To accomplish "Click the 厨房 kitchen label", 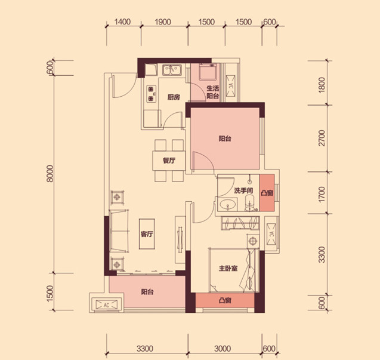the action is tap(174, 97).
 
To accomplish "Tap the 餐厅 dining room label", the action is tap(169, 161).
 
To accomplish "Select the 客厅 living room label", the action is tap(147, 234).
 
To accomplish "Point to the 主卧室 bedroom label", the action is tap(228, 268).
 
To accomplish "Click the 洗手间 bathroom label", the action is tap(243, 190).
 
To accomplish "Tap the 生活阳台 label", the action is tap(213, 92).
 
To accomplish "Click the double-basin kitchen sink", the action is tap(172, 70).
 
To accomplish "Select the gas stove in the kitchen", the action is tap(152, 94).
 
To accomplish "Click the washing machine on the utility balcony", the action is tap(208, 72).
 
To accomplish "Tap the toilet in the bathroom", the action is tap(249, 204).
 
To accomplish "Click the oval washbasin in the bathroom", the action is tap(227, 205).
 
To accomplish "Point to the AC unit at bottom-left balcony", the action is tap(106, 304).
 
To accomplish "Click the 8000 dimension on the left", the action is tap(50, 174).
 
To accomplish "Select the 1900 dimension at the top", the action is tap(163, 22).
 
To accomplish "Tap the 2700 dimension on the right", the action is tap(322, 138).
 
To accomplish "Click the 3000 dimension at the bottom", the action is tap(223, 349).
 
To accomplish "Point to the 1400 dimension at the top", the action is tap(122, 22).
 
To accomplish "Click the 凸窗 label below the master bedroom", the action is tap(225, 300).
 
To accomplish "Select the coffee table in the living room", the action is tap(147, 234).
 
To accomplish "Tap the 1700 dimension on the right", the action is tap(322, 194).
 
